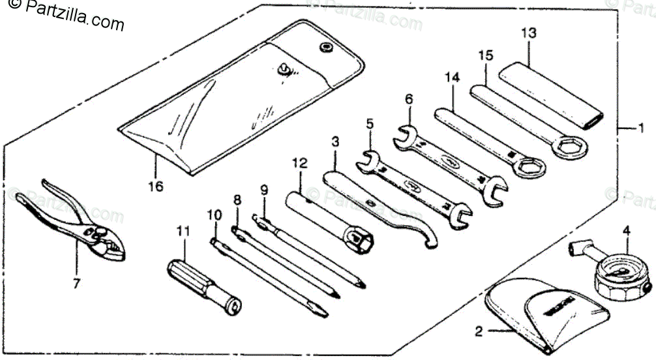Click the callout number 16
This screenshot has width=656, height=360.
pos(155,187)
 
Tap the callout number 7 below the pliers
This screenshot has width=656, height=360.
pos(76,284)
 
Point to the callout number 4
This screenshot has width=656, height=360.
pos(626,230)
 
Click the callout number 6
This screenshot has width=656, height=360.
pos(409,99)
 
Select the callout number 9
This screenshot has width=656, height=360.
pos(264,190)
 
